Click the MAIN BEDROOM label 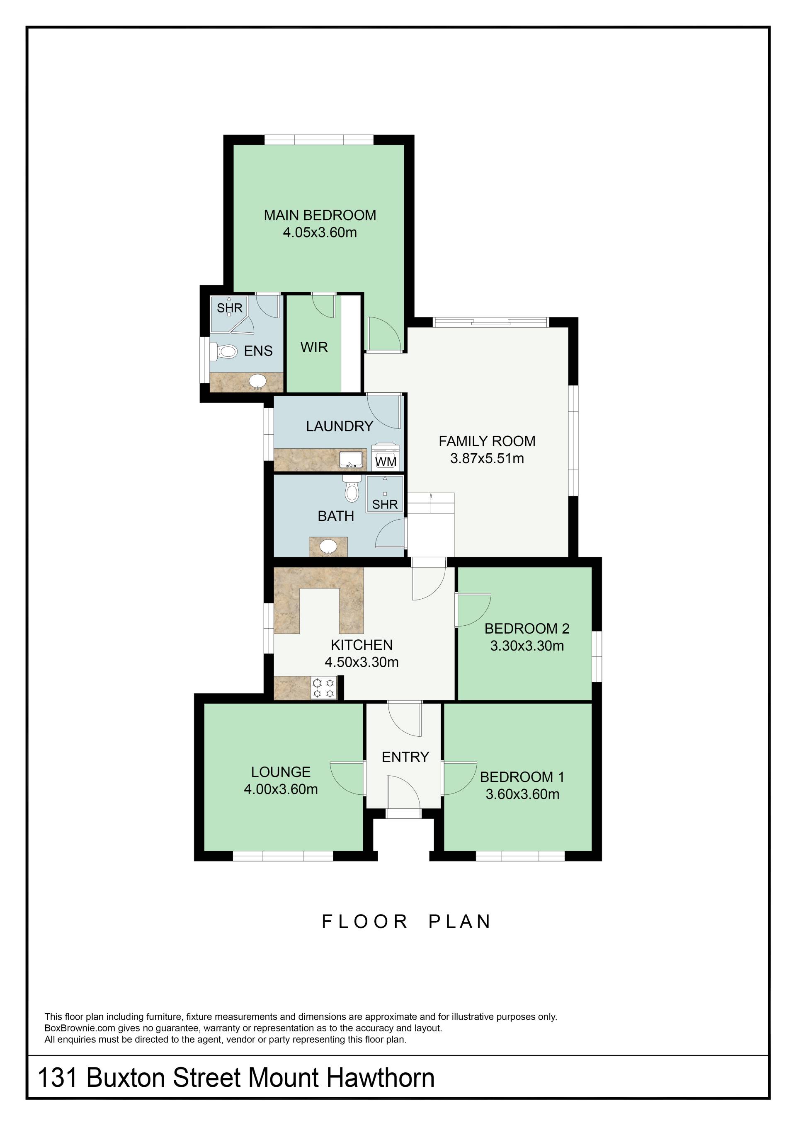[320, 215]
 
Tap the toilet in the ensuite [224, 351]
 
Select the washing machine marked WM [385, 457]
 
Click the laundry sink [352, 460]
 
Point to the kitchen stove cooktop [324, 687]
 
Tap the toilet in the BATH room [352, 489]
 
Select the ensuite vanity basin [258, 381]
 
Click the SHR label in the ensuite [229, 308]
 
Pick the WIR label [314, 347]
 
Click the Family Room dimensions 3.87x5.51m [487, 459]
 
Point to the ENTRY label [405, 757]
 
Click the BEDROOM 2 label [527, 628]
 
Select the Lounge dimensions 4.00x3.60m [280, 789]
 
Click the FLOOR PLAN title [406, 922]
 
